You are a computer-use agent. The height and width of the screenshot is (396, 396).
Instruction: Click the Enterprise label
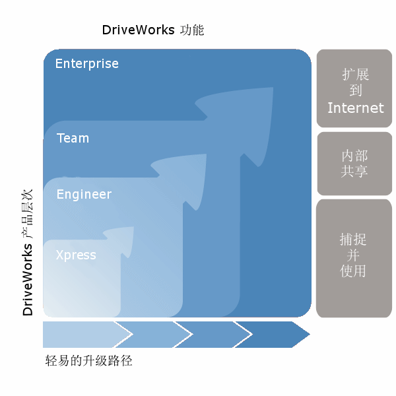87,63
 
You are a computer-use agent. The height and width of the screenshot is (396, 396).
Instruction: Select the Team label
73,138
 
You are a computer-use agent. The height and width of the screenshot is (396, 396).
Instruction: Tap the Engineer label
84,195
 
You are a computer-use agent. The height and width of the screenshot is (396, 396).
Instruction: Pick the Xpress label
76,255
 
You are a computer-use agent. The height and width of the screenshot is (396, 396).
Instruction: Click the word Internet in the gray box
356,108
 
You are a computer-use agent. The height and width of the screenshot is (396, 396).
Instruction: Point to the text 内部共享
354,163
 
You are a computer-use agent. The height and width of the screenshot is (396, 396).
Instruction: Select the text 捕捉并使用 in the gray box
353,255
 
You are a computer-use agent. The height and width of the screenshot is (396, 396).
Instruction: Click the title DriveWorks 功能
153,30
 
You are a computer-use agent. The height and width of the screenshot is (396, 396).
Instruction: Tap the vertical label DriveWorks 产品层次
27,253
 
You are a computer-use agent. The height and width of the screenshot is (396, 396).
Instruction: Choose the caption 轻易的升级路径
88,360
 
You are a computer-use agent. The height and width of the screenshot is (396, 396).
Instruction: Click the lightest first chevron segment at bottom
83,335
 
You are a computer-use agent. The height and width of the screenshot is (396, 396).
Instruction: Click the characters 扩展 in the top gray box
356,74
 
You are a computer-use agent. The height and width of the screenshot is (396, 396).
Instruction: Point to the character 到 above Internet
356,90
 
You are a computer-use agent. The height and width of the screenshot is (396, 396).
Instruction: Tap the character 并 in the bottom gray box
353,255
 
